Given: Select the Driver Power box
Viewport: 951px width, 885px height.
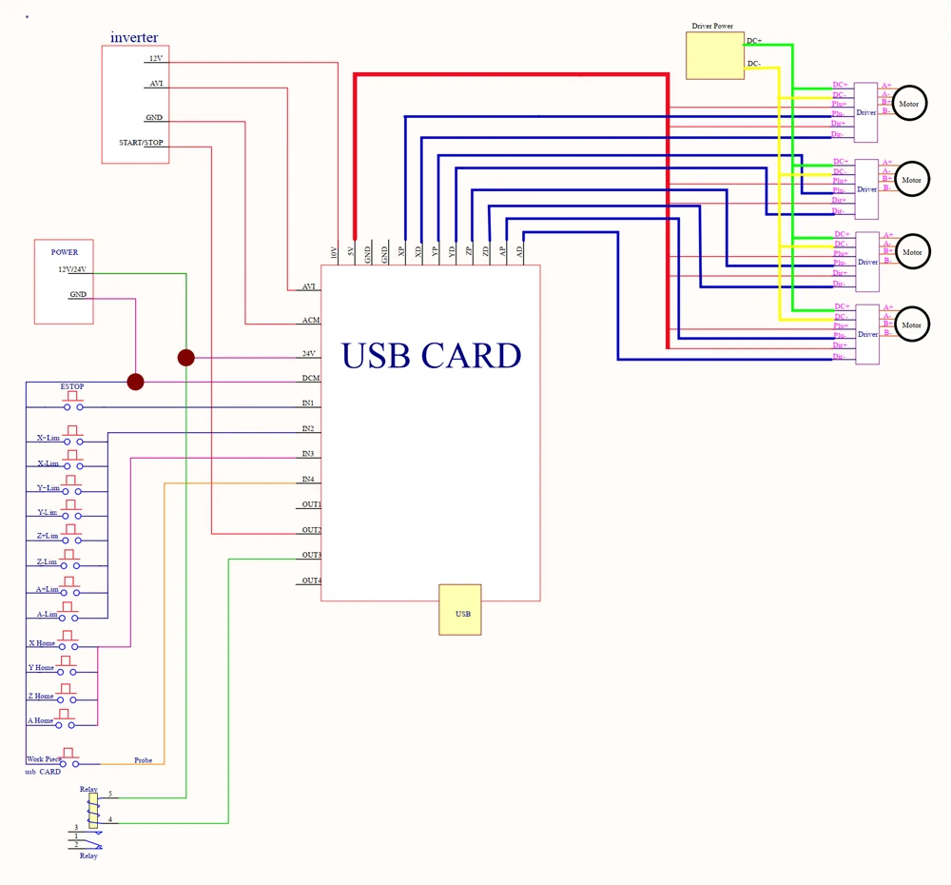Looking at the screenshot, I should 714,55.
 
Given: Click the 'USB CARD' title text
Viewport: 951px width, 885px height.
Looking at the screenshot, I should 431,356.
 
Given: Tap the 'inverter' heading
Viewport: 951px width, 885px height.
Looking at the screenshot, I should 134,37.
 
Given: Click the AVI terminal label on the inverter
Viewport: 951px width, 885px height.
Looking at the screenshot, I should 156,84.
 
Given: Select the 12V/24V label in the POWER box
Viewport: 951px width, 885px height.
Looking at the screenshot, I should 72,269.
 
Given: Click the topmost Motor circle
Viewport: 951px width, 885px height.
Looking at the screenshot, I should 910,104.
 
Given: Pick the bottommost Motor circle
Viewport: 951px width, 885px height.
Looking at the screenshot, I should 911,325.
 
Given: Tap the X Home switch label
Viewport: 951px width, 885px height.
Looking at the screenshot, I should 41,644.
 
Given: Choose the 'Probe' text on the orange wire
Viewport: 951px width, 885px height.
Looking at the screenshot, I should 143,760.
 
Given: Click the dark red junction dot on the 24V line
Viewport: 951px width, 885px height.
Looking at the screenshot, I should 185,358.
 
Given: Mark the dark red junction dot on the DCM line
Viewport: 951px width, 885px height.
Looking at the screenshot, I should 136,382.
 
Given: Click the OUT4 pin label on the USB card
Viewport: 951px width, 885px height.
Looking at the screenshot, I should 311,580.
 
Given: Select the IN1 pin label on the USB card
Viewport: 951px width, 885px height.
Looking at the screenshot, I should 308,403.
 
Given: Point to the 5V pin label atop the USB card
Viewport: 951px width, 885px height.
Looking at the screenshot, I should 351,253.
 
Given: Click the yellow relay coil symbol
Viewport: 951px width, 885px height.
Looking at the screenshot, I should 92,811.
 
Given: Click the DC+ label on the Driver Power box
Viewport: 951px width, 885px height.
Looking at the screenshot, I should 753,41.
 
